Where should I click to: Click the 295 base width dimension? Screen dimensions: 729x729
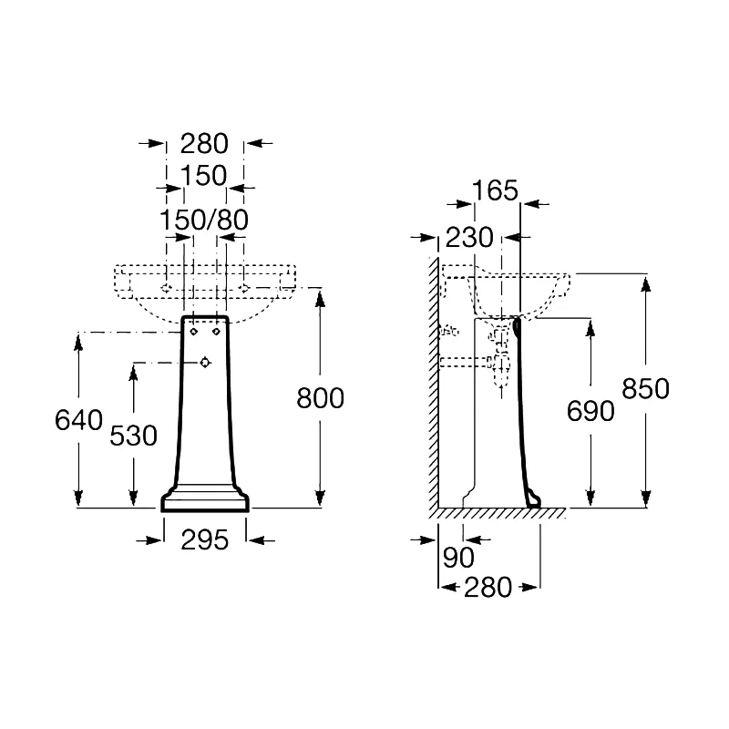tap(204, 540)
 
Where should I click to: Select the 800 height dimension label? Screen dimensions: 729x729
tap(321, 398)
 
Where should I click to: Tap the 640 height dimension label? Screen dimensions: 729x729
tap(78, 420)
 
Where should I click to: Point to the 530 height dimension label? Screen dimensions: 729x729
tap(133, 436)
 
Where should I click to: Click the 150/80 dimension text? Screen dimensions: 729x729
tap(204, 220)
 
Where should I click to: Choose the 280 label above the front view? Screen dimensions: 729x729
tap(204, 144)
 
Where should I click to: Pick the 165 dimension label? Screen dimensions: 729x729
tap(495, 190)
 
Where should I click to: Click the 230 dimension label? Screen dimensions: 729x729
tap(469, 238)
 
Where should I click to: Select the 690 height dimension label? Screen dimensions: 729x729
tap(590, 411)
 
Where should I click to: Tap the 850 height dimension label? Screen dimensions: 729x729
tap(645, 389)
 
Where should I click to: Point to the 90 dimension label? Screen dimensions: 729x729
tap(458, 558)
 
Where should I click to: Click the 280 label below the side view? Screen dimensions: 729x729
tap(488, 588)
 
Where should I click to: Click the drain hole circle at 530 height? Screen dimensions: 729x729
tap(205, 362)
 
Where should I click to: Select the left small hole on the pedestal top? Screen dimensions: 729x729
tap(194, 332)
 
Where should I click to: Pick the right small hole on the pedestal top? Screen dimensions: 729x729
tap(216, 332)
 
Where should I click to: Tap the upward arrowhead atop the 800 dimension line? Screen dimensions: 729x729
tap(320, 298)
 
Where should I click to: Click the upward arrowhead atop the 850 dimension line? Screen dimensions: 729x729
tap(645, 284)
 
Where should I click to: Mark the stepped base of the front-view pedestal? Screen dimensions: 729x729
tap(205, 498)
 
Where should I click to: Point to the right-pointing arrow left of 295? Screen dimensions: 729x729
tap(149, 540)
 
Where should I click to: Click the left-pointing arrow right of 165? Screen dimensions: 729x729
tap(535, 203)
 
